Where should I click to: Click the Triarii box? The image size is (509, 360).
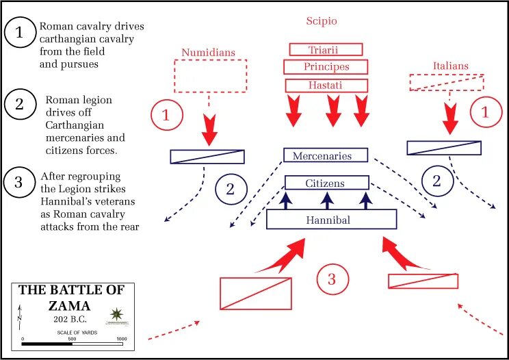(x=326, y=49)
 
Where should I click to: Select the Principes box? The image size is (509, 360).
(x=326, y=67)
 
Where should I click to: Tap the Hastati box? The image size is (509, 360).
(x=326, y=85)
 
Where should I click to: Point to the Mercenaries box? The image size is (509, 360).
(x=326, y=155)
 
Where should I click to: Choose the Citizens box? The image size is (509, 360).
(x=326, y=183)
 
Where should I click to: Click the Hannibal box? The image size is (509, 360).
(x=331, y=219)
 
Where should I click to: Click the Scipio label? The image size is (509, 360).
(x=321, y=21)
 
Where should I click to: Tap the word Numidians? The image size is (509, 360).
(x=208, y=51)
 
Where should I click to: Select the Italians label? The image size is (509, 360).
(x=450, y=66)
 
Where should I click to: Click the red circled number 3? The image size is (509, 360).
(x=332, y=279)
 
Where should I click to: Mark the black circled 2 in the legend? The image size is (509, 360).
(x=21, y=105)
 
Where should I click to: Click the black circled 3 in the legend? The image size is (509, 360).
(x=21, y=183)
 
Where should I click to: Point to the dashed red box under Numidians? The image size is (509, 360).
(x=210, y=75)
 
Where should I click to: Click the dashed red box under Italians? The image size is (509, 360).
(x=446, y=82)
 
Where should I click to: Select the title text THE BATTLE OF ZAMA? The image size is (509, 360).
(x=71, y=298)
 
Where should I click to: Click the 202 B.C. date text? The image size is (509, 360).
(x=71, y=318)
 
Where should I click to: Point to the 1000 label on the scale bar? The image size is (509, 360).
(x=121, y=339)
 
